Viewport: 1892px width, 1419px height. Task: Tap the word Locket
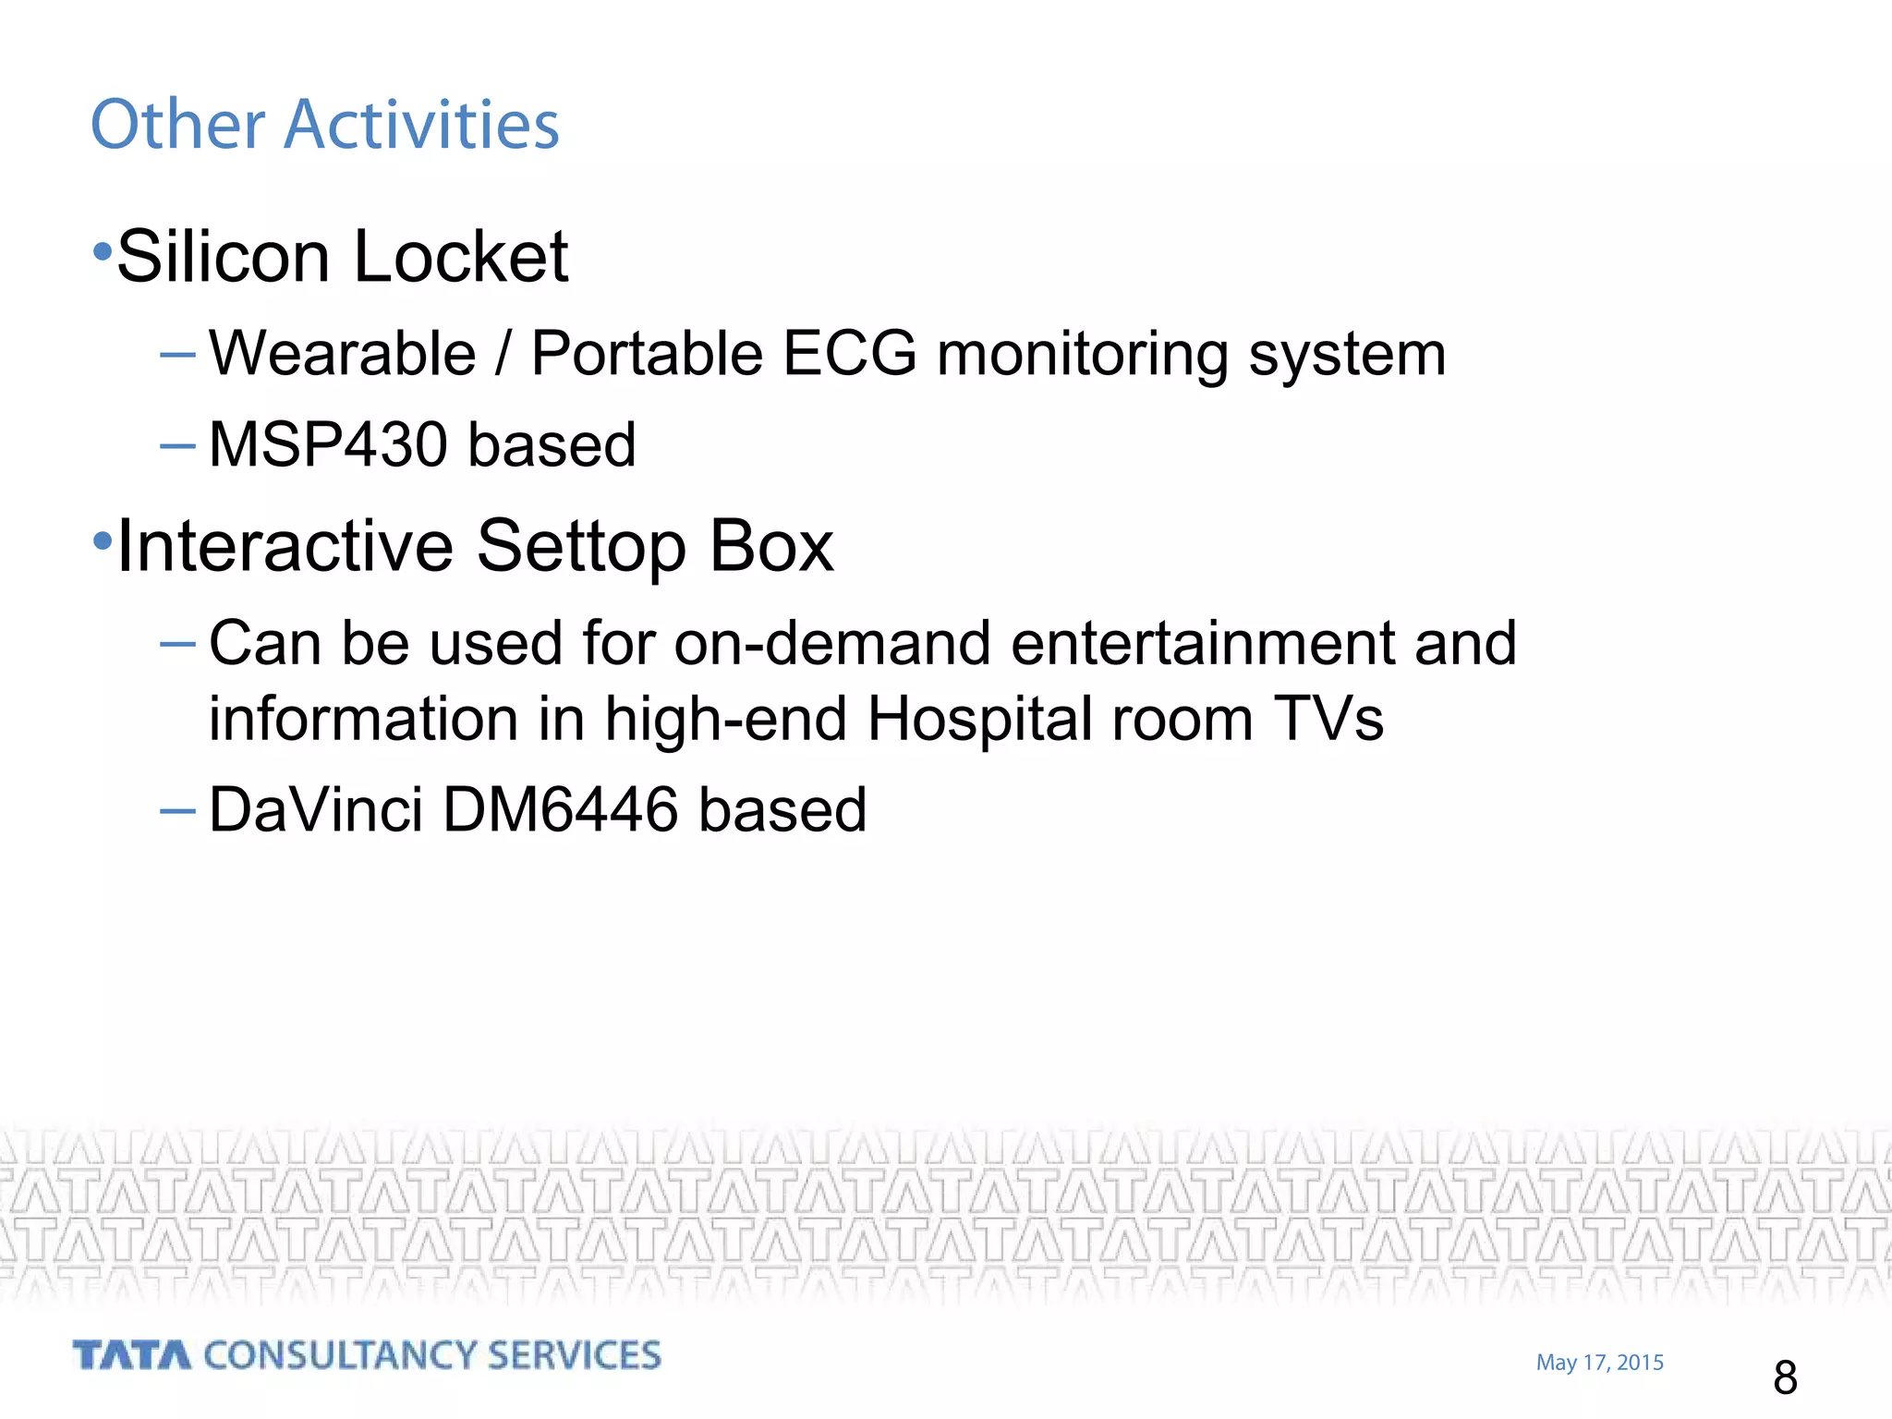tap(460, 257)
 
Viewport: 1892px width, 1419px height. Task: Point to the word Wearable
tap(342, 354)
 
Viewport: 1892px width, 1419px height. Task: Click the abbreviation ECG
tap(849, 354)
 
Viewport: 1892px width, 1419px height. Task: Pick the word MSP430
tap(328, 444)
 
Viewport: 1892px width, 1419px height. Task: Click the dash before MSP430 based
tap(177, 446)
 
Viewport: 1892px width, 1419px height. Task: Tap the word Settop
tap(580, 547)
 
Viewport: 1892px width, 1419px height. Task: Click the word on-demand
tap(831, 643)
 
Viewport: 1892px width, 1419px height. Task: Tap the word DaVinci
tap(315, 810)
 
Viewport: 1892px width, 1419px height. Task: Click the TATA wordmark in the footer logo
tap(132, 1355)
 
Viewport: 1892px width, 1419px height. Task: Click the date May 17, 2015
tap(1599, 1363)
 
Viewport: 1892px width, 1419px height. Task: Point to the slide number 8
tap(1785, 1377)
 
